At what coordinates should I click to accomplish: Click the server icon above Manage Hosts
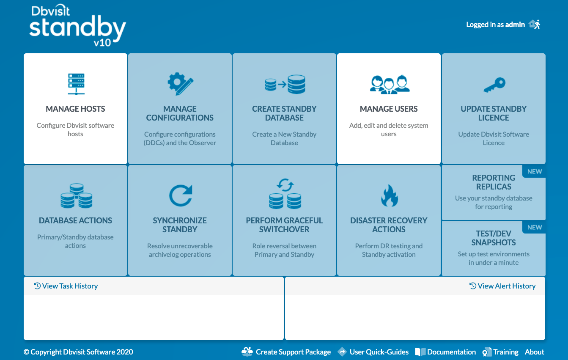(x=76, y=84)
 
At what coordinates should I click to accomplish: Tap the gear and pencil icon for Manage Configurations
(x=180, y=84)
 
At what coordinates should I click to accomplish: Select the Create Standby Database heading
(x=284, y=113)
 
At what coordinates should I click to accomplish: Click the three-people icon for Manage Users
(x=390, y=85)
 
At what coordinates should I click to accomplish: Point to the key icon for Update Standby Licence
(x=494, y=85)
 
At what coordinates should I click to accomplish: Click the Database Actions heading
(x=75, y=220)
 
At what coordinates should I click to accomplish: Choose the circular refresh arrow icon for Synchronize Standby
(x=181, y=195)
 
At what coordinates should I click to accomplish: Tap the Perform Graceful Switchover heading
(x=284, y=225)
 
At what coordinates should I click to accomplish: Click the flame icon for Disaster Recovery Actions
(x=390, y=195)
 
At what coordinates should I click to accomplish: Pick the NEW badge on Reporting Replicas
(x=535, y=171)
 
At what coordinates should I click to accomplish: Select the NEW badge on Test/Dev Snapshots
(x=535, y=227)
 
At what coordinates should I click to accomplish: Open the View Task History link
(x=66, y=286)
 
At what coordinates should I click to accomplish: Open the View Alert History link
(x=502, y=286)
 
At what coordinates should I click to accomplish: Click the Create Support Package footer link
(x=286, y=352)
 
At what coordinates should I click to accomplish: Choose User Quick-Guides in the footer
(x=373, y=352)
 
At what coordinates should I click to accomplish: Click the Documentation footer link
(x=445, y=352)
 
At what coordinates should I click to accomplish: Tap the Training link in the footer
(x=501, y=352)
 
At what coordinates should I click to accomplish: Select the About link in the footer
(x=535, y=352)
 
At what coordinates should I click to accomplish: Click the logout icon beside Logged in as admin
(x=535, y=25)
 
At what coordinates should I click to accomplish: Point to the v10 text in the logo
(x=102, y=43)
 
